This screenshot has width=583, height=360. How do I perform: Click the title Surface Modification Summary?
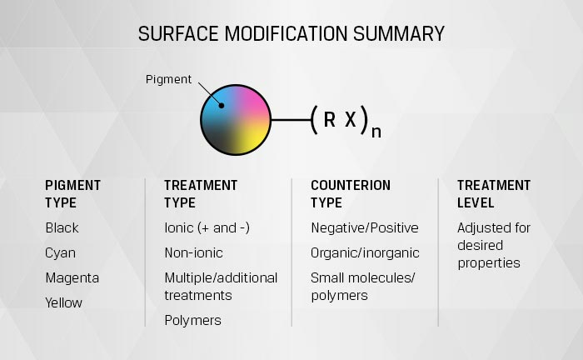[291, 34]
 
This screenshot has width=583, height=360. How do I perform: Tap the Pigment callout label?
[168, 79]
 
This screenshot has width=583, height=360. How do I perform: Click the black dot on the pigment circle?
[222, 106]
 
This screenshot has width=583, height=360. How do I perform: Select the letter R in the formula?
[330, 119]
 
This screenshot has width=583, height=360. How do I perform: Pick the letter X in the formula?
[351, 119]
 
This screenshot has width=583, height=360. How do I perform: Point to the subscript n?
[376, 132]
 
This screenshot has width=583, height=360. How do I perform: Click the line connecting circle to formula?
[291, 120]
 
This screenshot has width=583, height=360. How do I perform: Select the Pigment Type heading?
[73, 194]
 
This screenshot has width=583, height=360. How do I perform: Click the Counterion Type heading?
[351, 194]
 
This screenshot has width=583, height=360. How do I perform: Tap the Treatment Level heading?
[494, 194]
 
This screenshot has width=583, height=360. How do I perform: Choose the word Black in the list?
[62, 227]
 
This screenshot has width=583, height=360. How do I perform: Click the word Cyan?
[60, 253]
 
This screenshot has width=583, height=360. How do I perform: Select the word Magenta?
[72, 278]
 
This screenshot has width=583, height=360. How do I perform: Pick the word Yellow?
[63, 302]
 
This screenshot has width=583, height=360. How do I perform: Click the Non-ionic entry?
[194, 252]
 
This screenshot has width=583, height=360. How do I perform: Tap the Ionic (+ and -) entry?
[207, 227]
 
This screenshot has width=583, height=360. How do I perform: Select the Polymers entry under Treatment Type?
[192, 321]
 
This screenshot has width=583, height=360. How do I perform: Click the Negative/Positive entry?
[365, 228]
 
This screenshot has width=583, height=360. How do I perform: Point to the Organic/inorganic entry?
[365, 253]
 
